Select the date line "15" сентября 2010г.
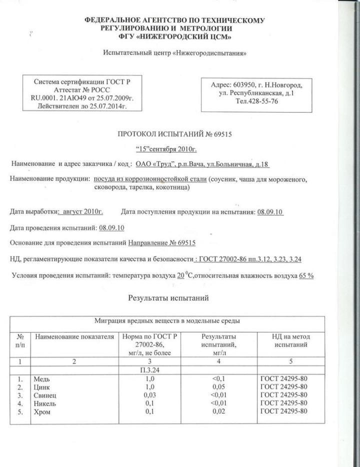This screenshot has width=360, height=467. coord(167,149)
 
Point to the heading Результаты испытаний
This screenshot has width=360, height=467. coord(168,298)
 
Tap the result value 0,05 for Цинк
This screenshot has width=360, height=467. coord(217,386)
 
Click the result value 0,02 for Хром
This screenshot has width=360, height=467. coord(217,411)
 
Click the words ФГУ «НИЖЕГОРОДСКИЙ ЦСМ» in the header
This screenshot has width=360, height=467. coord(175,37)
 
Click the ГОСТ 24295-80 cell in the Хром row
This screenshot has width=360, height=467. coord(283,411)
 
